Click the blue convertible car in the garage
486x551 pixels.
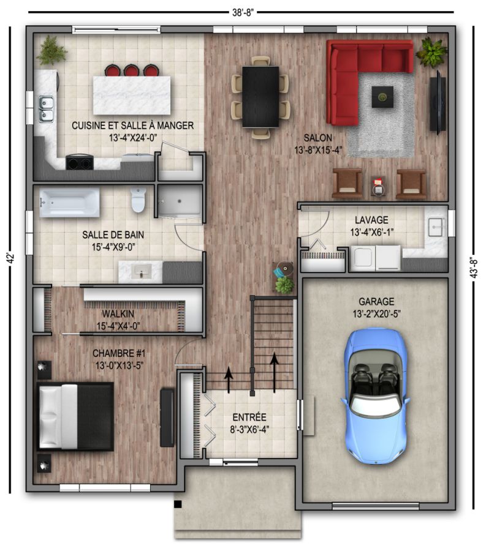[x=375, y=395]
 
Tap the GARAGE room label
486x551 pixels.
[x=376, y=301]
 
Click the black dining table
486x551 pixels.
[x=260, y=97]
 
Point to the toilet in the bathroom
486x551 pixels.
[x=139, y=200]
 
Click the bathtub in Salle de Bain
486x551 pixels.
[x=69, y=203]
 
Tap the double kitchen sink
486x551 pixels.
[x=47, y=109]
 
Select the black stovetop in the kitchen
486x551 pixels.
[x=80, y=163]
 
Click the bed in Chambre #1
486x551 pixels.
[x=75, y=416]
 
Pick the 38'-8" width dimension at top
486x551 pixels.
[x=243, y=12]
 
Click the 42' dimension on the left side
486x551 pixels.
[x=11, y=258]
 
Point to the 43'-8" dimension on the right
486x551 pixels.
[x=474, y=268]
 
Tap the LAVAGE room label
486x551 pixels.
[x=371, y=220]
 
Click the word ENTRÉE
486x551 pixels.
[x=249, y=418]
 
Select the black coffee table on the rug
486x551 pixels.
[x=382, y=97]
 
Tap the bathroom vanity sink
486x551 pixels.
[x=142, y=271]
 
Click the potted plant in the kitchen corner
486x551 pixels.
[x=52, y=51]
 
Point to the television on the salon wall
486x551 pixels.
[x=438, y=103]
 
